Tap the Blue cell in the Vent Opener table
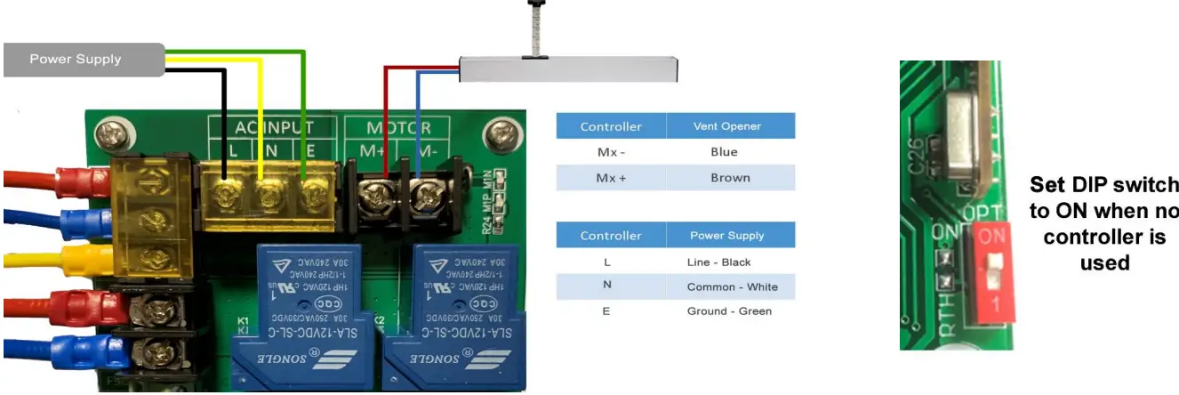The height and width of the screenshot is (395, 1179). coord(724,151)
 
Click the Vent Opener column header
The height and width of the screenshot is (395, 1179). coord(726,126)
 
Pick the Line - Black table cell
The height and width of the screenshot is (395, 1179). coord(718,262)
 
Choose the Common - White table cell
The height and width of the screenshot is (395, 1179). coord(731,286)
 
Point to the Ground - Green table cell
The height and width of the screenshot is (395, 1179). coord(729,311)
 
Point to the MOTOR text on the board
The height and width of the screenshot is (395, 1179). coord(399,128)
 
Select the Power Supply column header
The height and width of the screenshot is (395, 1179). coord(726,236)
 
